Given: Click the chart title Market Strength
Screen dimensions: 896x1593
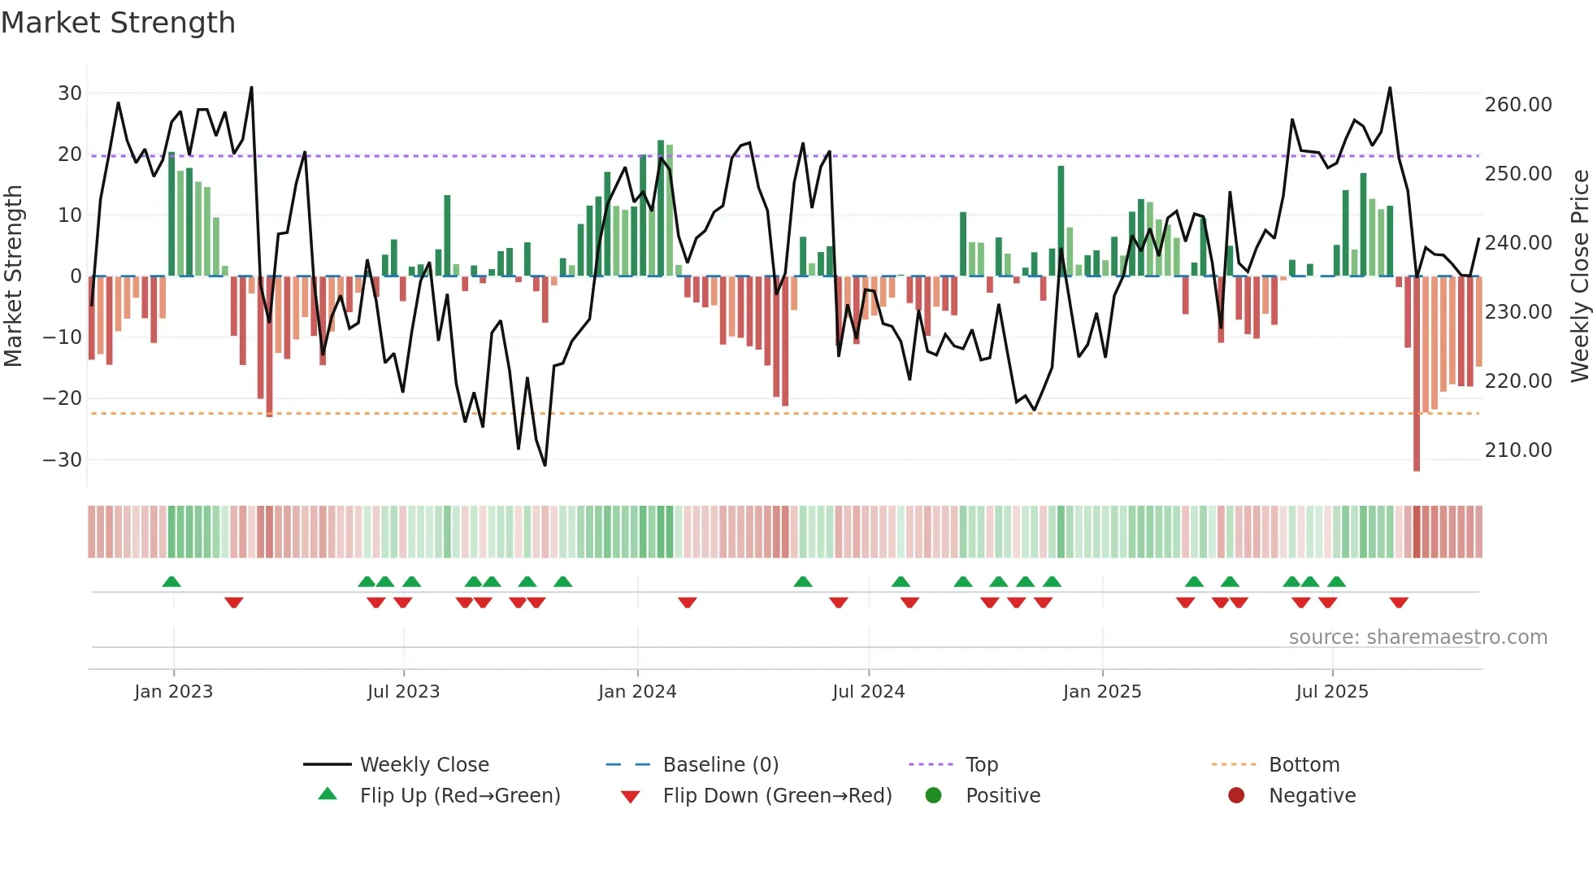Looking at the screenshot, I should (119, 23).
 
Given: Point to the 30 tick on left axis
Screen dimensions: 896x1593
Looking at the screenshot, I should (70, 94).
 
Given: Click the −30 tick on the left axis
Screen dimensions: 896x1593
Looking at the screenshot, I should (63, 460).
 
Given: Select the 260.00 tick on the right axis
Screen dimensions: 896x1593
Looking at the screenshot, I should (1517, 105).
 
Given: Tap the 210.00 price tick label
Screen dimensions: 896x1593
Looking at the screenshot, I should (1517, 450).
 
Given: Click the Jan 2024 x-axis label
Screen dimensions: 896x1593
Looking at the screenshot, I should (637, 692).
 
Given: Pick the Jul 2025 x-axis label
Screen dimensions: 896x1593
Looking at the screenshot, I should (1331, 692).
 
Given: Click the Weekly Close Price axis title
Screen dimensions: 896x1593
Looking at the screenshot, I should (1579, 276).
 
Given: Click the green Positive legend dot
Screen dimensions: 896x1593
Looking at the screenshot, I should (933, 795).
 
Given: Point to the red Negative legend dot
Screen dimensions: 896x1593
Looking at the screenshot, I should (1236, 795).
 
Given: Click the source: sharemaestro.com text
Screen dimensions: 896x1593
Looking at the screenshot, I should (1417, 637).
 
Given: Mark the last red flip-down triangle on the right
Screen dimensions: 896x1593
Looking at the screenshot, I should (1399, 602).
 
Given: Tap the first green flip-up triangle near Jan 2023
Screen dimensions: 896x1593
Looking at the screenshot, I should (171, 581).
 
